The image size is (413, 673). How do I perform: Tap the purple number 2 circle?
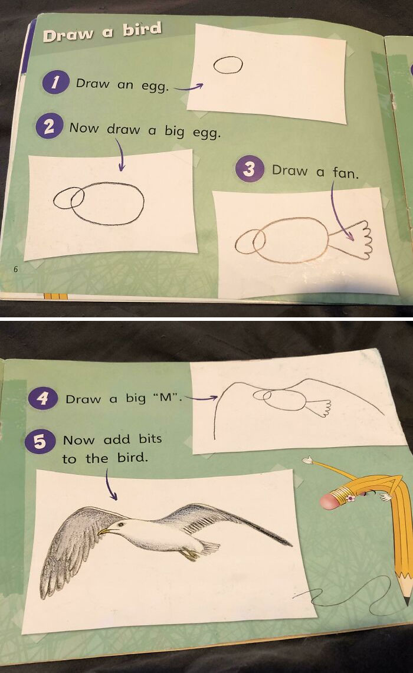49,127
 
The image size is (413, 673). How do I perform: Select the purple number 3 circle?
248,170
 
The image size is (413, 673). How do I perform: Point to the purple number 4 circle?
42,398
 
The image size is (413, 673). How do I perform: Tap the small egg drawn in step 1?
228,65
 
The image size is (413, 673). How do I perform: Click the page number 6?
16,269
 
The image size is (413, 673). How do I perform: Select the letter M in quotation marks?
168,398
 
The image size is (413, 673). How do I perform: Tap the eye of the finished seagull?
122,523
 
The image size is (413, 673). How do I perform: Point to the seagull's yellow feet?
190,554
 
